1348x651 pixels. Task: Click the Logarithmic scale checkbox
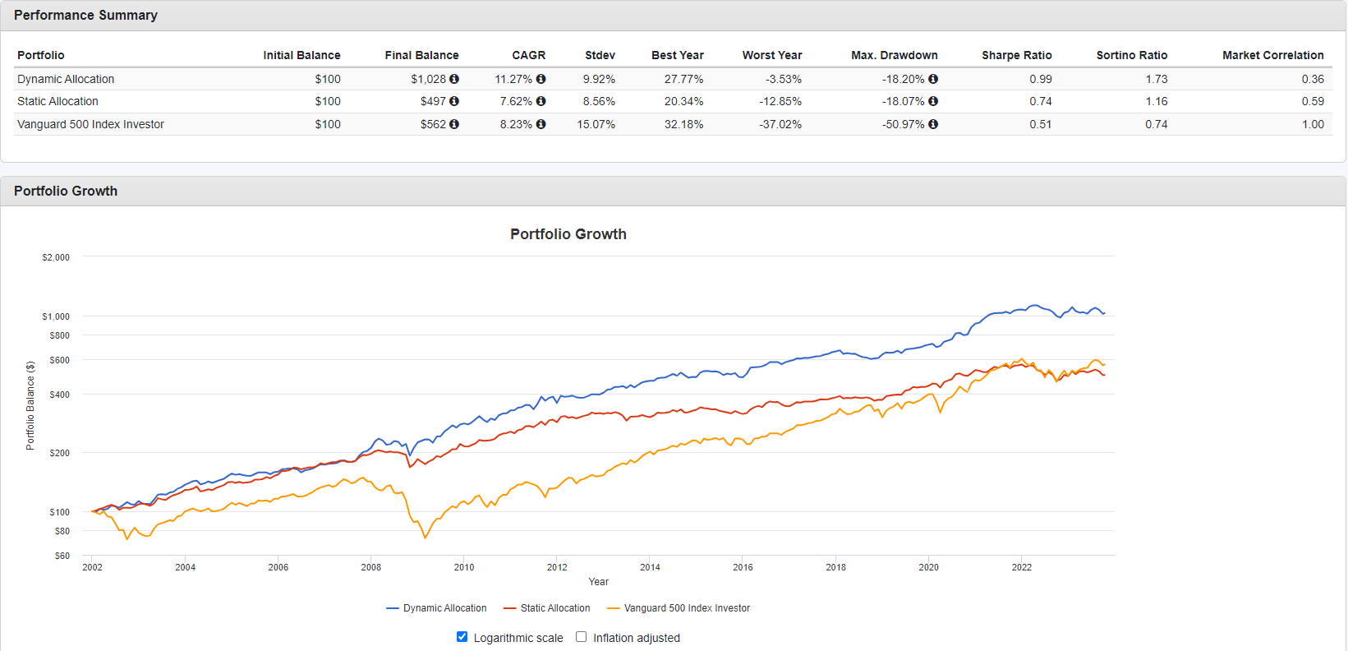tap(462, 637)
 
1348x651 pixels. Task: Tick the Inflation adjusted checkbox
tap(582, 637)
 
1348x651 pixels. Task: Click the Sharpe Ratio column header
tap(1016, 55)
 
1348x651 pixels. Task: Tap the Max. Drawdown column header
tap(894, 55)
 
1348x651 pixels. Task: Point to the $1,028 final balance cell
tap(428, 79)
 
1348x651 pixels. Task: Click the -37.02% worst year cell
tap(780, 124)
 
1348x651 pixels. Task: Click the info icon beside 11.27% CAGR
tap(541, 79)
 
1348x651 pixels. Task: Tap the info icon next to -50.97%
tap(933, 124)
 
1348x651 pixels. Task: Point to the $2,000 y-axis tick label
tap(56, 257)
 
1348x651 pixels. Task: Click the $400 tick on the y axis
tap(59, 395)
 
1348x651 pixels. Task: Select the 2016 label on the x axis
tap(743, 567)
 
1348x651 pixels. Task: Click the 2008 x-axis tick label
tap(370, 567)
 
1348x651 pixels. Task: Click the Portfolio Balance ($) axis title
tap(30, 405)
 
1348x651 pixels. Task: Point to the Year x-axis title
tap(598, 582)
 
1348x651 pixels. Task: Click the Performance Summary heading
tap(85, 16)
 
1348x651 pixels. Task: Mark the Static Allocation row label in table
tap(58, 101)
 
